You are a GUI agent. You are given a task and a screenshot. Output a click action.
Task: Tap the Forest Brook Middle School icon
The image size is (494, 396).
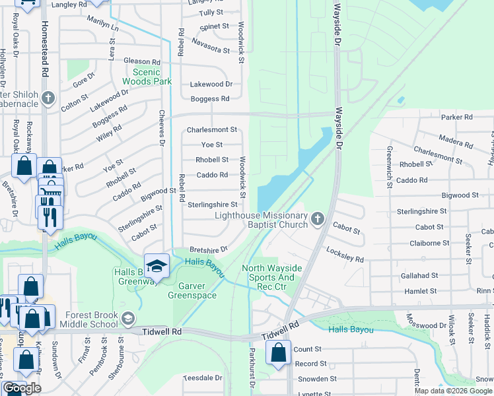[128, 319]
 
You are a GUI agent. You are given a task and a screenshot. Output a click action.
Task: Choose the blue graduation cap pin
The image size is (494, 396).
[157, 267]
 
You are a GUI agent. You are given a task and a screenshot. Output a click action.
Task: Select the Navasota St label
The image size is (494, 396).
[210, 46]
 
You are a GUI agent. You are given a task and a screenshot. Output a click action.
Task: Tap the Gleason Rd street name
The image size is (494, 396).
[142, 61]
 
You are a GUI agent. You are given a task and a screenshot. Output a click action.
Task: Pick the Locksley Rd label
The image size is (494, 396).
[345, 255]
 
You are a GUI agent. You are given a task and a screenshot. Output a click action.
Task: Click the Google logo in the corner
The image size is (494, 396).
[22, 388]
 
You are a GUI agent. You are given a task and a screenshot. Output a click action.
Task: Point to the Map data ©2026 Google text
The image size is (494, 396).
[453, 391]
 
